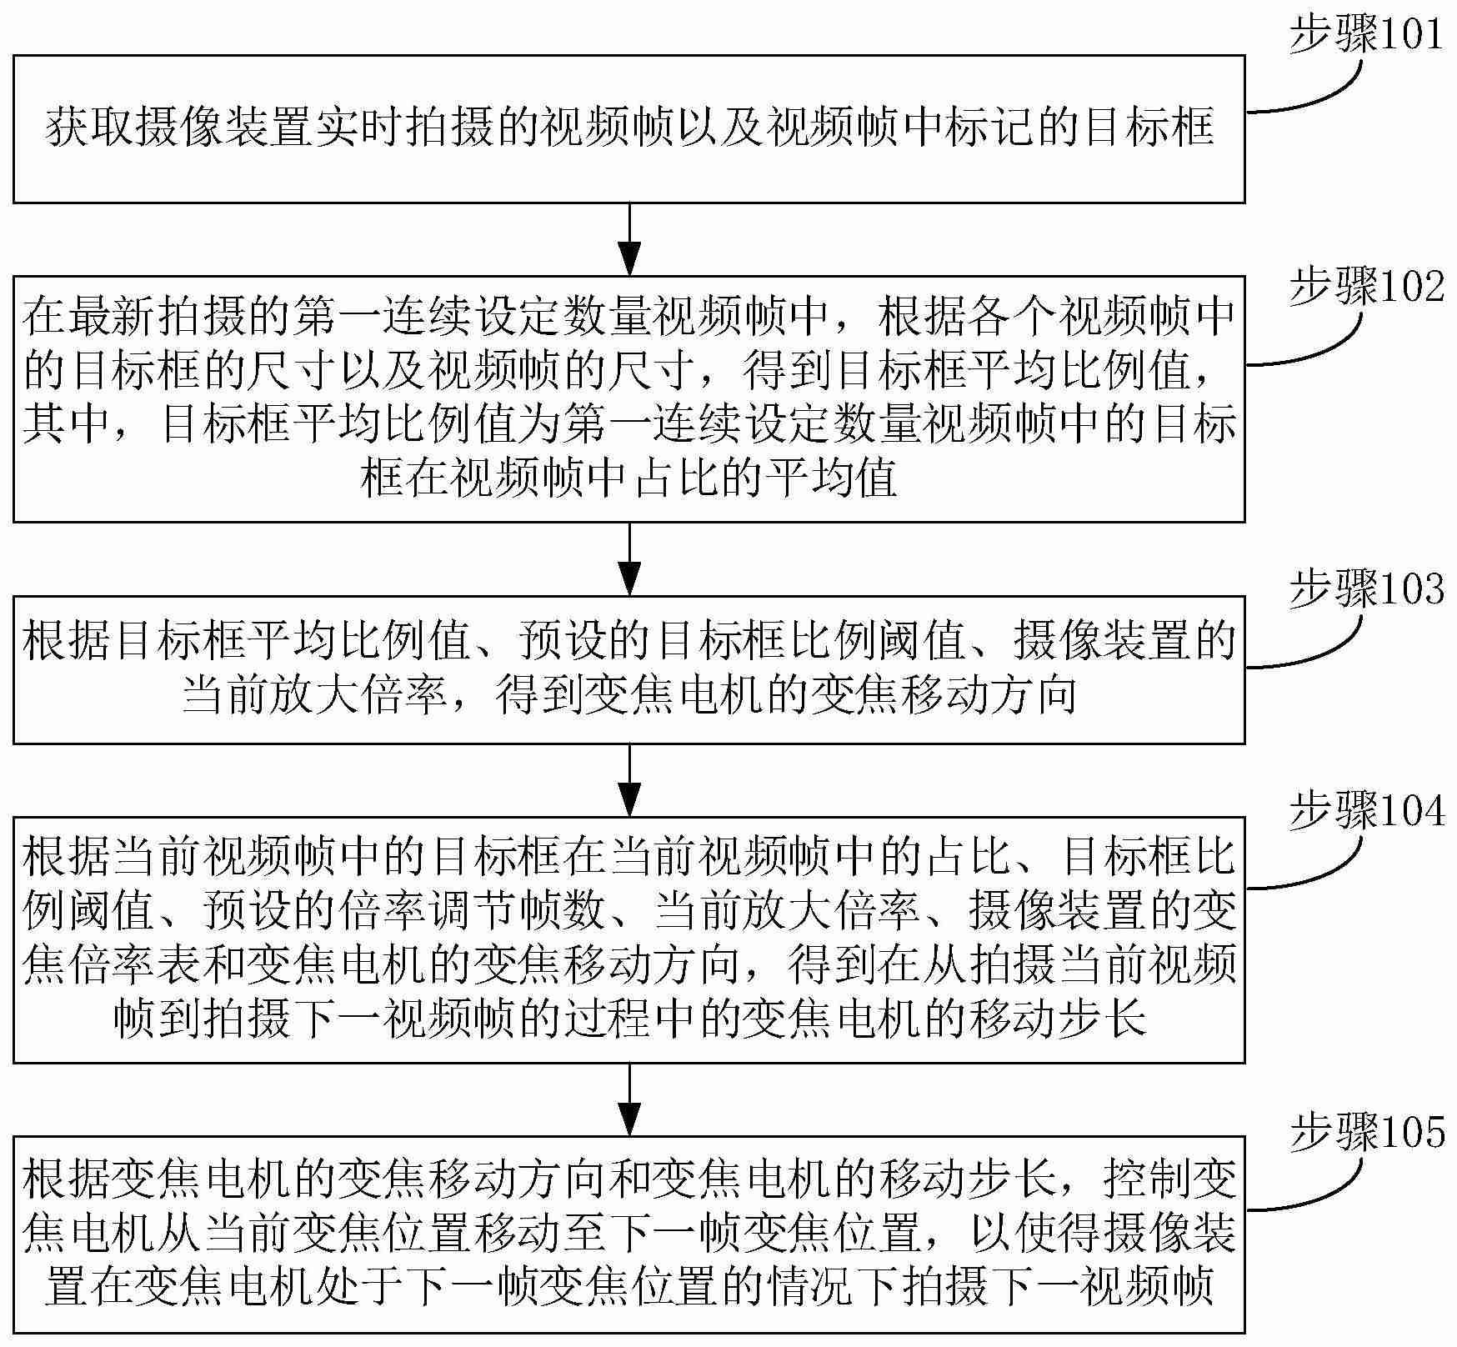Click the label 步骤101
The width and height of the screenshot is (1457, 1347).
coord(1366,36)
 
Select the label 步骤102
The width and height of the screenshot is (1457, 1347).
coord(1366,288)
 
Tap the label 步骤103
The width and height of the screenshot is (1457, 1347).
coord(1366,590)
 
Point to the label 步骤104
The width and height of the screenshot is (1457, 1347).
coord(1366,811)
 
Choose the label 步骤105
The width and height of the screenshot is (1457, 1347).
coord(1366,1134)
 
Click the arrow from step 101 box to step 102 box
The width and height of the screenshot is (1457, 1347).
coord(629,238)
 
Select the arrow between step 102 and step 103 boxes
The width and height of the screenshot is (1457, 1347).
coord(629,558)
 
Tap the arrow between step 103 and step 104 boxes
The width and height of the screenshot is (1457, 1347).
coord(629,779)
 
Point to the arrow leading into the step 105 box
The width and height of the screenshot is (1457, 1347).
coord(629,1099)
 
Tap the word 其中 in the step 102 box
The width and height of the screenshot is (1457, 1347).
coord(67,424)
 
